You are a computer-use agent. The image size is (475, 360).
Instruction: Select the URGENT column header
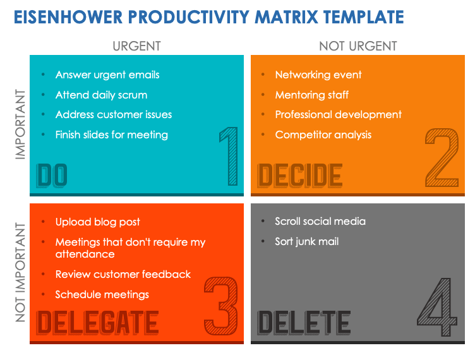[136, 46]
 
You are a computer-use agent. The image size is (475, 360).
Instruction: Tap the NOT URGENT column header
[358, 46]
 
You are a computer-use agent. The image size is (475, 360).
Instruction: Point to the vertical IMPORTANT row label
[20, 124]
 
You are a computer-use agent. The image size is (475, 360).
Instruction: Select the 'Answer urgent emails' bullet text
[107, 75]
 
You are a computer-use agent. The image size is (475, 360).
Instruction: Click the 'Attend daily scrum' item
[101, 95]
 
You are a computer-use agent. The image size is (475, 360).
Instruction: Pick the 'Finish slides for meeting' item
[111, 135]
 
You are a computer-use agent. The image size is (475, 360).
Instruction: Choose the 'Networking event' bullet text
[318, 75]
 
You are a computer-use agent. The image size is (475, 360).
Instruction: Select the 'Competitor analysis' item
[323, 135]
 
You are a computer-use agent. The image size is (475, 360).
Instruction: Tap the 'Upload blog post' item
[97, 222]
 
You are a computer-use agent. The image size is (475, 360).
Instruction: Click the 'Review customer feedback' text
[123, 274]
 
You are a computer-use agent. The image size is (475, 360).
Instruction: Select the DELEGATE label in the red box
[97, 323]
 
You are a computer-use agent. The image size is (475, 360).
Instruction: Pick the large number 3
[221, 307]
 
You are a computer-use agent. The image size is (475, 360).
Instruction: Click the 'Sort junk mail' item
[307, 241]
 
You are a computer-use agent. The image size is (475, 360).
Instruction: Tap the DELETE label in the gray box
[304, 323]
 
